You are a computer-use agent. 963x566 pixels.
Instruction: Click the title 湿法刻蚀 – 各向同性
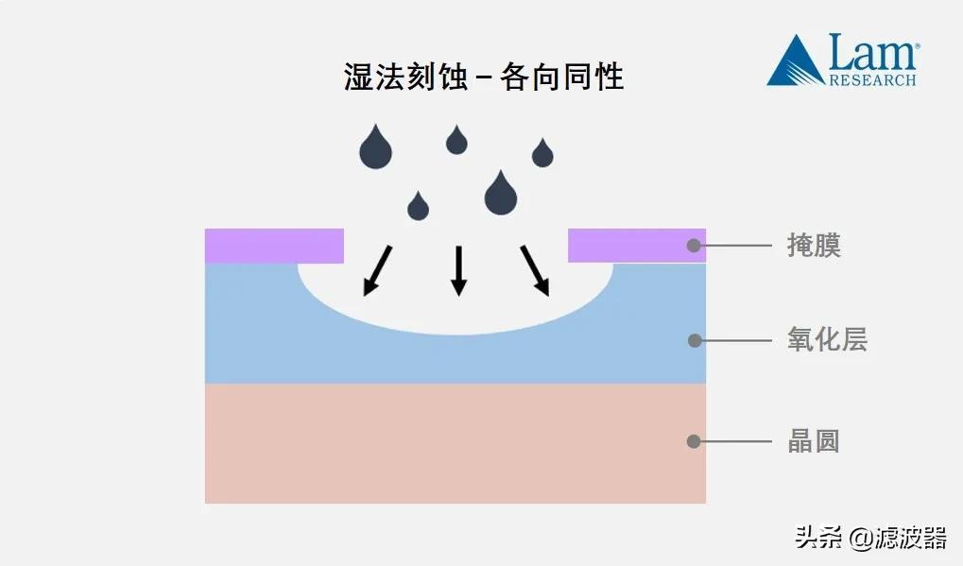483,77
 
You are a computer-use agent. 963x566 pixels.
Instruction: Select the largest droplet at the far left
375,148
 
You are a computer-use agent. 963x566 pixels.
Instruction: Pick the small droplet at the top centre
456,141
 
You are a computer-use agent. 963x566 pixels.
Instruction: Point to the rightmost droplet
542,153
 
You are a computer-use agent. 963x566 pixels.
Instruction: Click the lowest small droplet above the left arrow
418,206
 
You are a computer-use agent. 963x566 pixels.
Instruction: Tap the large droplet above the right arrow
500,194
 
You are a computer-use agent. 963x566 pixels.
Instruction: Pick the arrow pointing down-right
535,270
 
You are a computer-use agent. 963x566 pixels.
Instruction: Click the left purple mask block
274,246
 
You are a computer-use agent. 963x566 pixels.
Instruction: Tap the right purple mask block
635,246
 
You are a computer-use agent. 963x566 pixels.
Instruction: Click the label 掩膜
813,246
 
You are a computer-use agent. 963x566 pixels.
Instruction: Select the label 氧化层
826,340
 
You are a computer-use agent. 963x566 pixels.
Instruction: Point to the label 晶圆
813,441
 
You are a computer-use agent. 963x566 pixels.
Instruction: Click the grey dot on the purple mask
694,246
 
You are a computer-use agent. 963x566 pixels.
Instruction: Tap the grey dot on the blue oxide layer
694,340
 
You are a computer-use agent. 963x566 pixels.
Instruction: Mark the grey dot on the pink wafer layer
694,441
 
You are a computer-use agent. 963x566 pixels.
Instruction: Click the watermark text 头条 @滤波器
869,539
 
